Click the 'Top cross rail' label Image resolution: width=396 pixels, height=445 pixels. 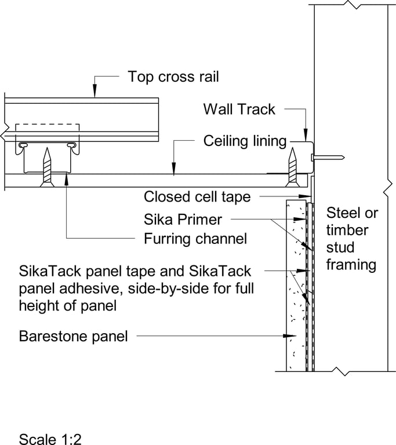[x=166, y=76]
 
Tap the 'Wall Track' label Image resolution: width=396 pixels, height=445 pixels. [x=239, y=109]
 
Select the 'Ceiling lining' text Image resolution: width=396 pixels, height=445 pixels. [x=245, y=141]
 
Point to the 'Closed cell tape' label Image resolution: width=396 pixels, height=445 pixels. [x=197, y=197]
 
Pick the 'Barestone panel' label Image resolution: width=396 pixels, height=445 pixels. [x=73, y=335]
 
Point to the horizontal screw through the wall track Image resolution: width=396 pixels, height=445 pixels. [x=328, y=157]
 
